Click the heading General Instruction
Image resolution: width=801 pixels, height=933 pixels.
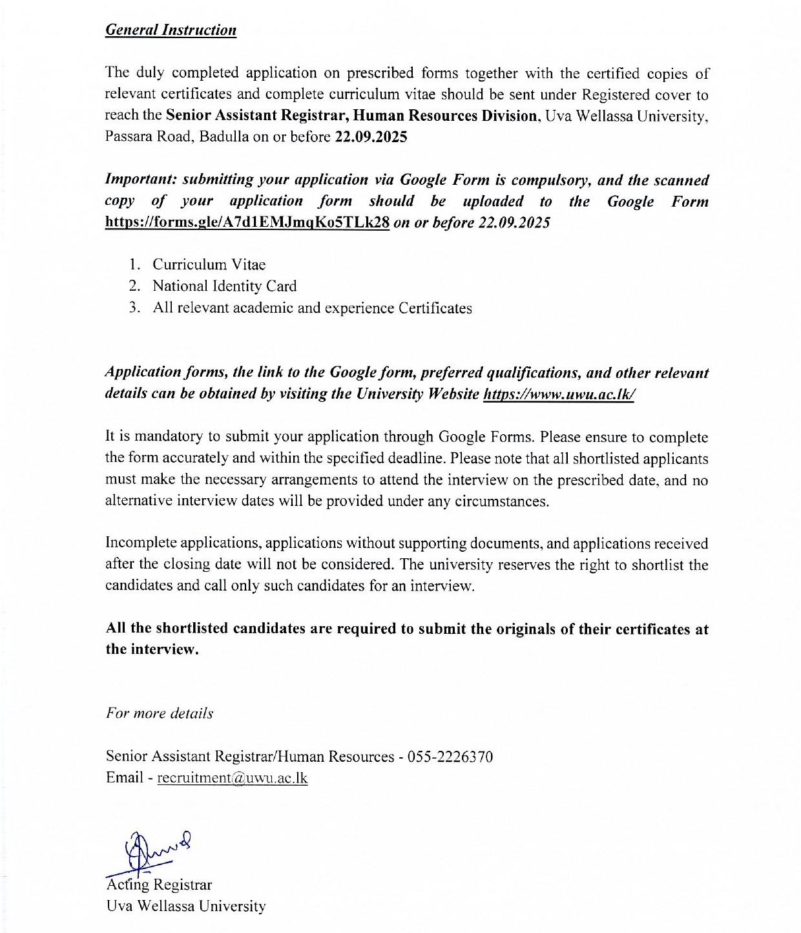[171, 30]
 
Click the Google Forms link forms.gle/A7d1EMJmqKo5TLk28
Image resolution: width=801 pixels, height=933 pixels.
[247, 223]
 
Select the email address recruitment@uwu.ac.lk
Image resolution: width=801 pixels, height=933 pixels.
[233, 778]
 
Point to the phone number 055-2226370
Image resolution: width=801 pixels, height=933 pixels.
[450, 757]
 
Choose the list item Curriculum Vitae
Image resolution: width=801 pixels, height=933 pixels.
[209, 265]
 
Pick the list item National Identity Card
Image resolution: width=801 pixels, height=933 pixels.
[224, 286]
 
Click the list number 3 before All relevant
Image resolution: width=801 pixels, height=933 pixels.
[134, 308]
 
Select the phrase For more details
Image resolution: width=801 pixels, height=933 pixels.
[160, 714]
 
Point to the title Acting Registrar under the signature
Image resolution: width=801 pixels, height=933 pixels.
[159, 885]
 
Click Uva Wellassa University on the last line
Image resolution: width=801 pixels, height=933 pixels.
[185, 906]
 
